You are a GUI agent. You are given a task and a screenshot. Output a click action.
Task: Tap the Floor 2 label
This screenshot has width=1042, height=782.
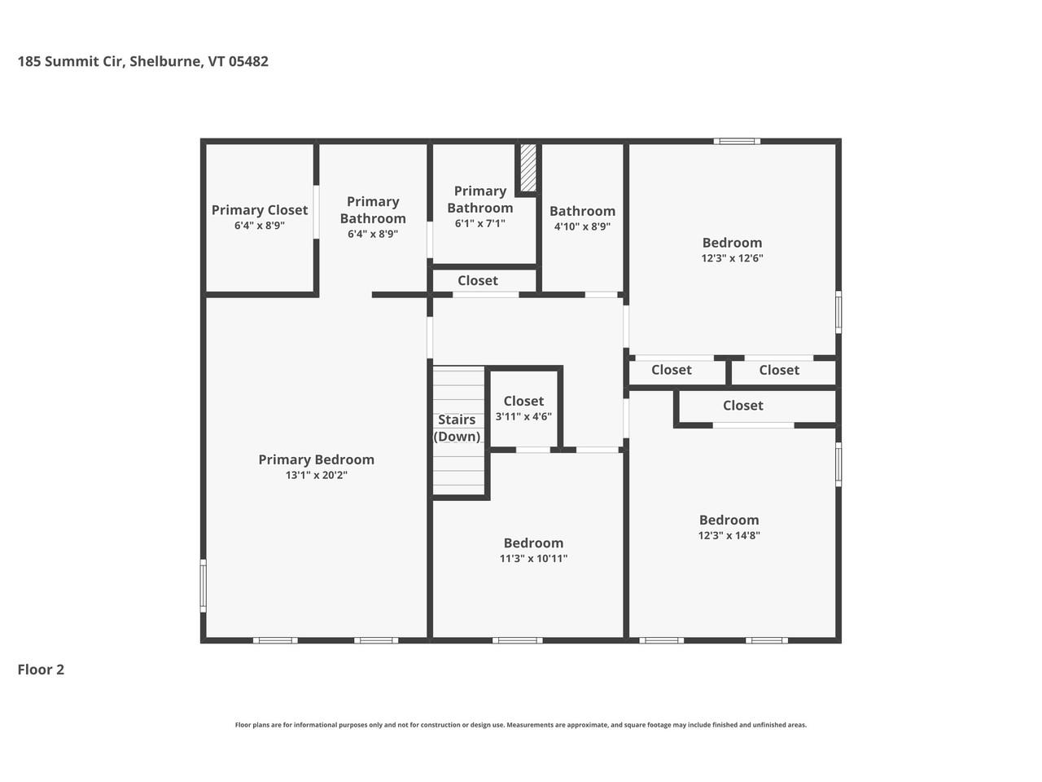(41, 670)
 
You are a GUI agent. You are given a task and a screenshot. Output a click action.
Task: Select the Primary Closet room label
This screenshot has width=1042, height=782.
(260, 210)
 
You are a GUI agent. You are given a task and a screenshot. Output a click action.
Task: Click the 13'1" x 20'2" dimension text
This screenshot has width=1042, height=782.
(316, 475)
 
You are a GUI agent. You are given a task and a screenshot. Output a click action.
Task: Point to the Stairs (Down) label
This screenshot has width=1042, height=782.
(457, 428)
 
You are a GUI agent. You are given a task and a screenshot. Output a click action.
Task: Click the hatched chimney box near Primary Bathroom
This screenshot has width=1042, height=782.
(528, 168)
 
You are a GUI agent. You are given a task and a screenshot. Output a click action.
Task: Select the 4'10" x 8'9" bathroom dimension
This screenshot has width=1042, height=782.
(582, 226)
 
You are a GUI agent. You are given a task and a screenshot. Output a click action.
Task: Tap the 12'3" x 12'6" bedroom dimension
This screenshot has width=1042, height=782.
(732, 258)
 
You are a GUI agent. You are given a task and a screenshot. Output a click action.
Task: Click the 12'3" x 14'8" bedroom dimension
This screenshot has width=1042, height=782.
(729, 535)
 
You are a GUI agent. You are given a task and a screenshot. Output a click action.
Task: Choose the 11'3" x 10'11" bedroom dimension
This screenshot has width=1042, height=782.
(533, 558)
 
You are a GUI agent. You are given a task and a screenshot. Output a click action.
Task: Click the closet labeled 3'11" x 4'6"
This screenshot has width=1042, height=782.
(523, 407)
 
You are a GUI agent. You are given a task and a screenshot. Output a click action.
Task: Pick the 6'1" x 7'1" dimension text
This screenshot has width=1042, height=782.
(479, 223)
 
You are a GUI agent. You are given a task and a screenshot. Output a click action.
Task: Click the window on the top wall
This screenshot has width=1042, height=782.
(737, 142)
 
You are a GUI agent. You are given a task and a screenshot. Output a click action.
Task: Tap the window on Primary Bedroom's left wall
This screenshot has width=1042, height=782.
(204, 585)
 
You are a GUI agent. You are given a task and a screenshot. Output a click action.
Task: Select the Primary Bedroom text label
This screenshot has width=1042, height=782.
(316, 459)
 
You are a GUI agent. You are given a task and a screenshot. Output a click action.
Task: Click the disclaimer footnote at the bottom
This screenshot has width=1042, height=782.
(521, 725)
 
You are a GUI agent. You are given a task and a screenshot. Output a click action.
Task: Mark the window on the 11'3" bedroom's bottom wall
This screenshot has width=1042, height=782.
(517, 640)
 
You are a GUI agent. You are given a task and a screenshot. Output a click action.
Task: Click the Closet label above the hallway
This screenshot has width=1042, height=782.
(477, 280)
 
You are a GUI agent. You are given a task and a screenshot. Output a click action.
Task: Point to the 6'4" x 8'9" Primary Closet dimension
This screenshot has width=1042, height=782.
(260, 226)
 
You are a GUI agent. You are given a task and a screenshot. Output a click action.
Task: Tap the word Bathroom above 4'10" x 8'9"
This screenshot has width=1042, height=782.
(582, 211)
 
